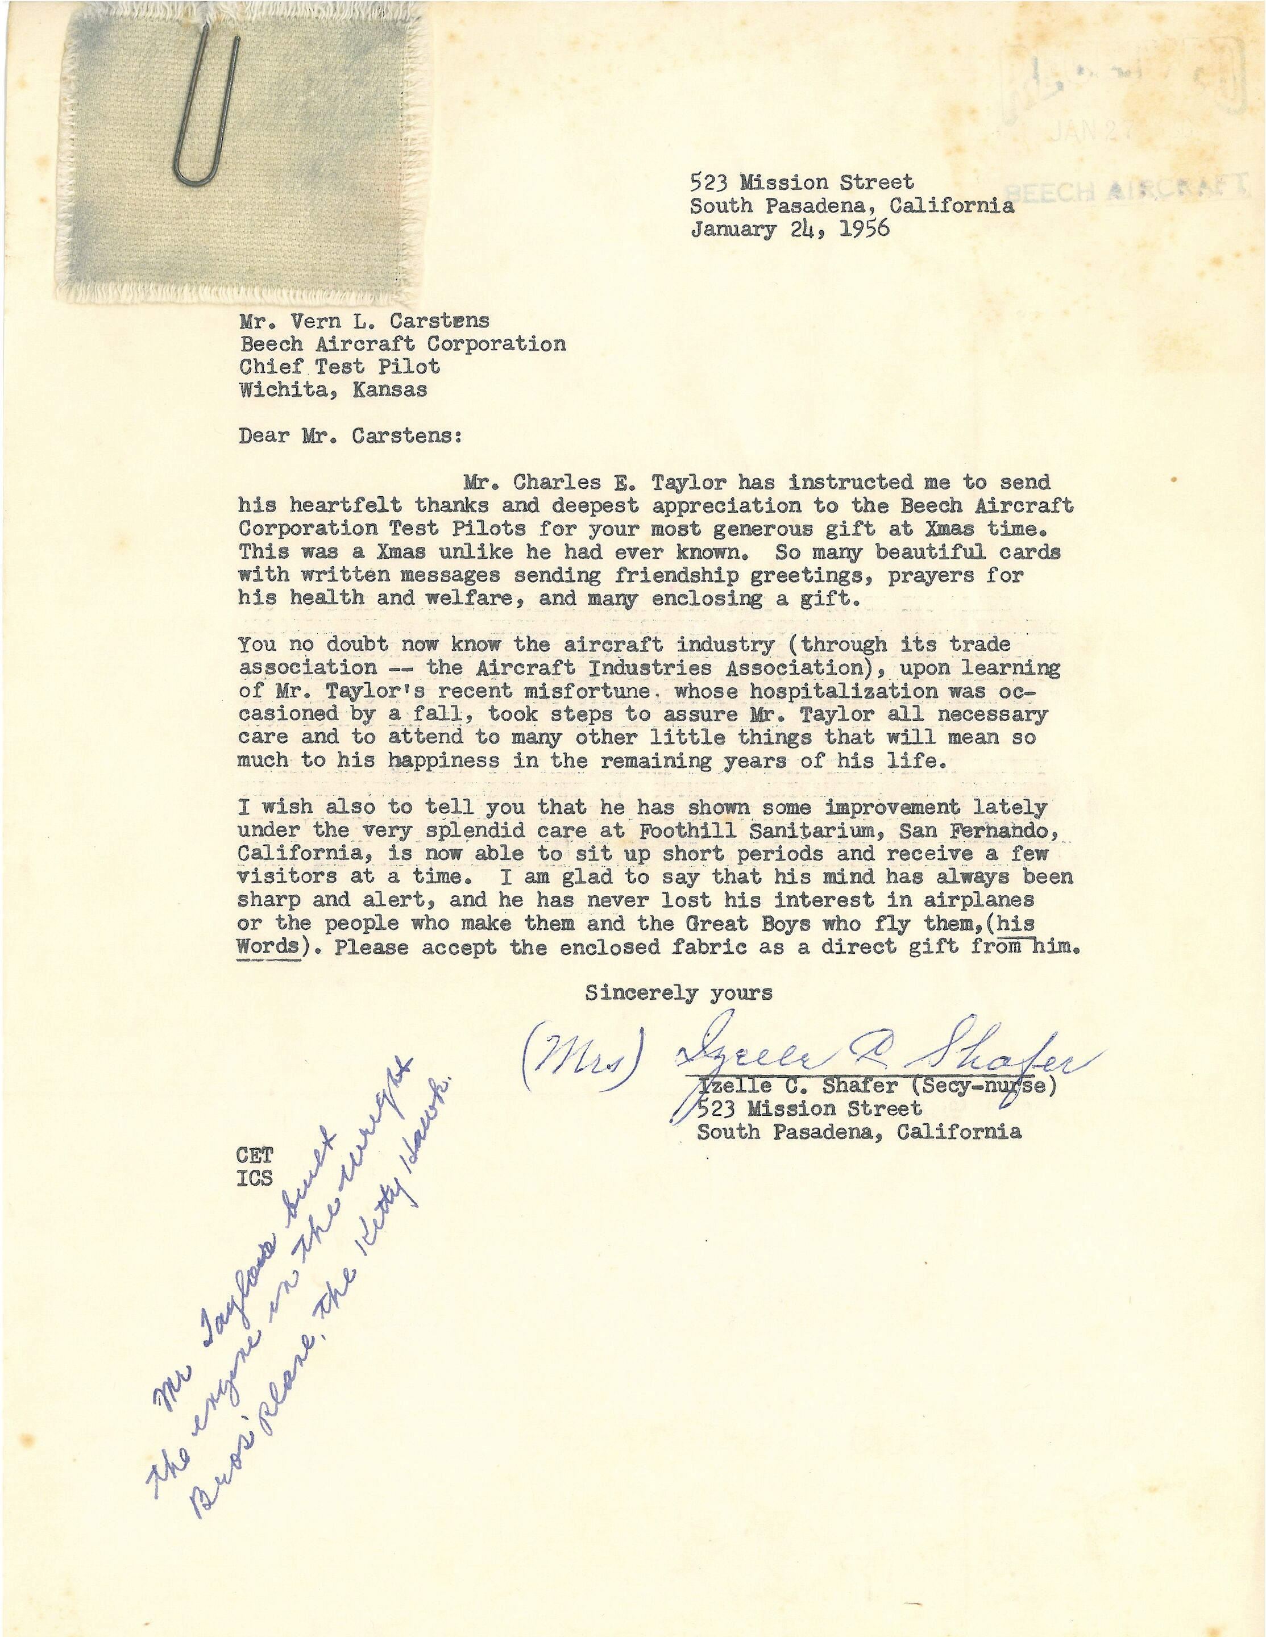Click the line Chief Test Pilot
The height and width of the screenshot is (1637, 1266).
pos(339,367)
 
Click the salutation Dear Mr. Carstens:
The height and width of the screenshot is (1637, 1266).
pos(350,435)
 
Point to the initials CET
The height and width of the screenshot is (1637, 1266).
pos(255,1155)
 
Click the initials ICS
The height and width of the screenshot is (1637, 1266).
pos(255,1178)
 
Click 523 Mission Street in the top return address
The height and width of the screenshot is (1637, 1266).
pos(802,182)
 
